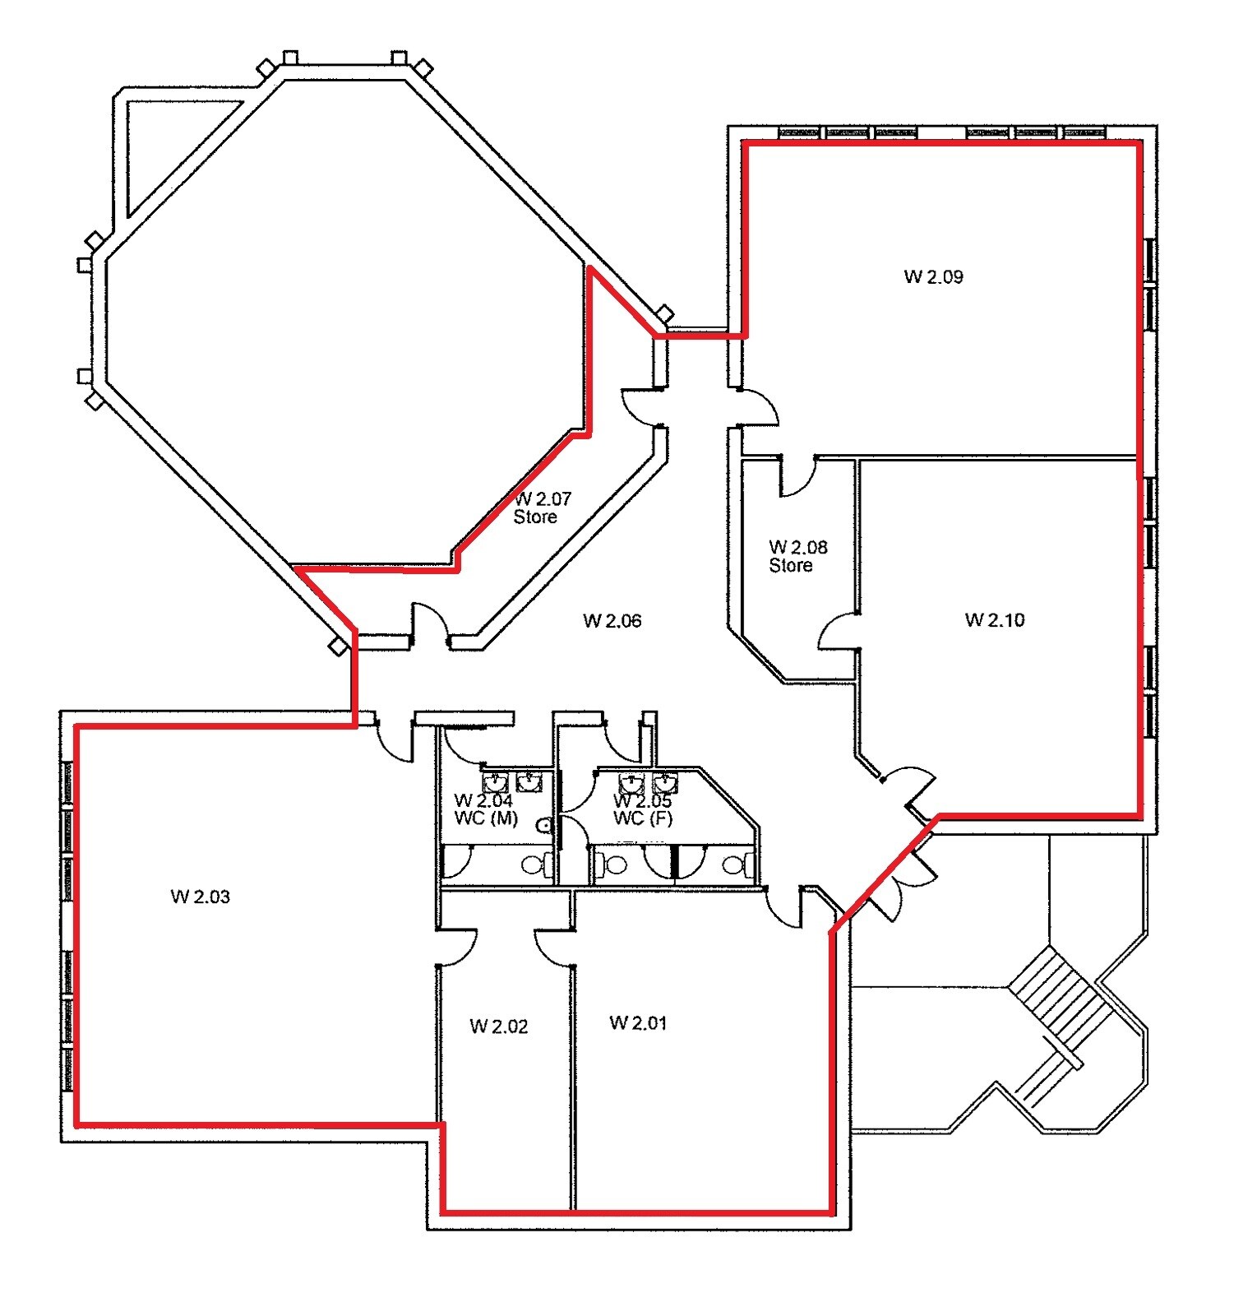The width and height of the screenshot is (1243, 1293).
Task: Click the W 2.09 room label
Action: coord(933,276)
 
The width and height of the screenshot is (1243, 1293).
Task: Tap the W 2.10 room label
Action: coord(995,619)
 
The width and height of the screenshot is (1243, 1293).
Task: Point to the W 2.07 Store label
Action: coord(543,507)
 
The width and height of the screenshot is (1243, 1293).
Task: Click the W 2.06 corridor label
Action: coord(612,620)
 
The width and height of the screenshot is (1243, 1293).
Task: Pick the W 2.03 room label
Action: coord(200,897)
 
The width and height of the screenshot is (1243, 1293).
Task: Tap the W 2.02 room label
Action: coord(498,1026)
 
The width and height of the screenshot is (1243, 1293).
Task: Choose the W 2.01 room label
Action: coord(638,1022)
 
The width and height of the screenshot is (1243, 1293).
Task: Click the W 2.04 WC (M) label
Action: coord(485,809)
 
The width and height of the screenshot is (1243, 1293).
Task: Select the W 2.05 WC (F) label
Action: coord(643,809)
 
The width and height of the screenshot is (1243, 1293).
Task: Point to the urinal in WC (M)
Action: coord(543,825)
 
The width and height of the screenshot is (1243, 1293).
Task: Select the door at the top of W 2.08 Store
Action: coord(797,477)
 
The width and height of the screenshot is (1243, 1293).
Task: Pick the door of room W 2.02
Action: coord(457,946)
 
